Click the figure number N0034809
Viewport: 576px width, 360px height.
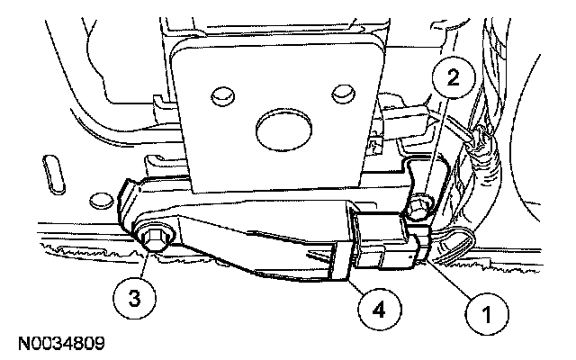[x=59, y=343]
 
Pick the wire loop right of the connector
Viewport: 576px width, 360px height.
[x=454, y=238]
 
